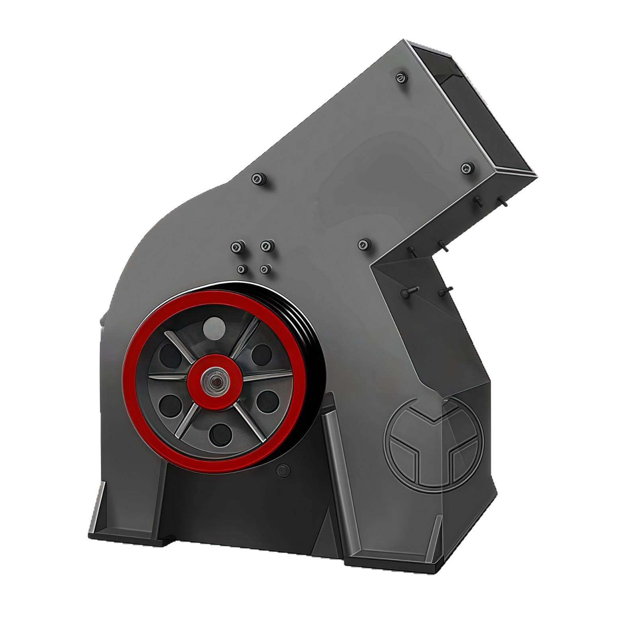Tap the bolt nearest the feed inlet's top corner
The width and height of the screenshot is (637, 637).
[401, 77]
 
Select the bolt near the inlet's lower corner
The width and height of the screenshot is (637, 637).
[467, 168]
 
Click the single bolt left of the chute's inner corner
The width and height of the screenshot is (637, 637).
[364, 244]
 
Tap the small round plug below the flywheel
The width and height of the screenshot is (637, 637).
[282, 470]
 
